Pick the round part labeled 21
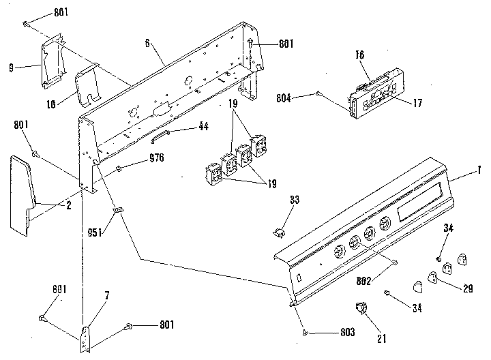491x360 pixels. [361, 310]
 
